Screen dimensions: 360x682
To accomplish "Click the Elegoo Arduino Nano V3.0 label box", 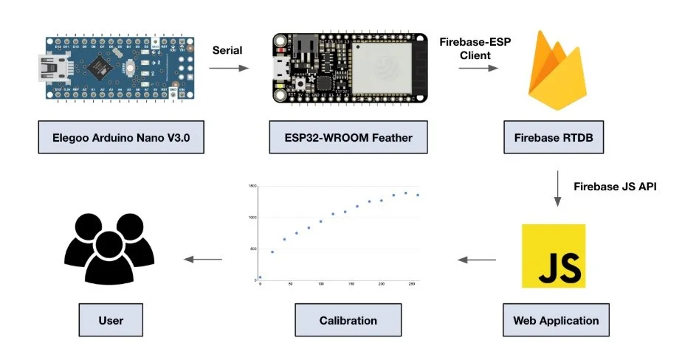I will (120, 138).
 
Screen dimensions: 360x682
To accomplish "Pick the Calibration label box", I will (348, 320).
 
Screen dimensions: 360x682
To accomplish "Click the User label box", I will (111, 320).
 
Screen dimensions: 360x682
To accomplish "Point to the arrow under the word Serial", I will (229, 68).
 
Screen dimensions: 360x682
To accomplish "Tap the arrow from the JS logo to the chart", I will (477, 259).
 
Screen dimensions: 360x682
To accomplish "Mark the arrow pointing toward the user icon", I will (203, 259).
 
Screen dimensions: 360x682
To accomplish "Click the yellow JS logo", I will (554, 256).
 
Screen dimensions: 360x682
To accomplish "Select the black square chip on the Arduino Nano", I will (97, 68).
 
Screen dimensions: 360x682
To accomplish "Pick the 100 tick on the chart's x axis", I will (320, 284).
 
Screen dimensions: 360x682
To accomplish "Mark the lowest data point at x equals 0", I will (260, 277).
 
